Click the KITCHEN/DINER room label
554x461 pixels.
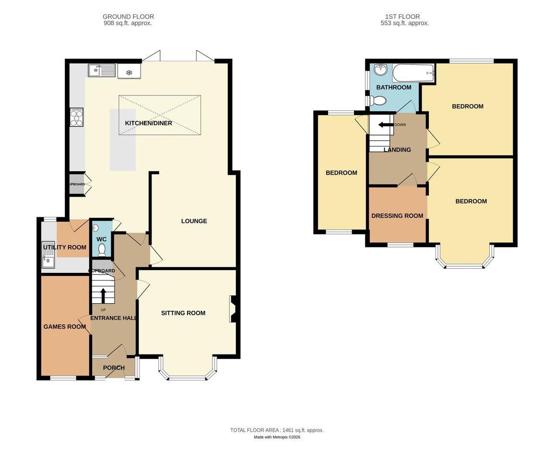pos(148,123)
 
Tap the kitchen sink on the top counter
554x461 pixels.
pos(101,71)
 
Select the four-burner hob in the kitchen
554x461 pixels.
pos(76,117)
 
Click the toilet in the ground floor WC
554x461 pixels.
pos(102,249)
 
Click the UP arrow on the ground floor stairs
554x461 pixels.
pos(103,295)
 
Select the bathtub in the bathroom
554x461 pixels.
pos(413,74)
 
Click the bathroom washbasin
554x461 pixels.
pos(380,70)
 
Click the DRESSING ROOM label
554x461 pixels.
pos(397,216)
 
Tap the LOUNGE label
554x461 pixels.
pos(194,221)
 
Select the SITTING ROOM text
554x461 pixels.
pos(183,313)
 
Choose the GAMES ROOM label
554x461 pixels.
pos(64,327)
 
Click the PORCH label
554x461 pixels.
pos(114,368)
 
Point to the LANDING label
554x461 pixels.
pos(397,150)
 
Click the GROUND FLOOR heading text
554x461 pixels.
pos(128,17)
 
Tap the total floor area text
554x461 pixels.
pos(277,430)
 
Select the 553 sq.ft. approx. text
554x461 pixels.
pos(404,23)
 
